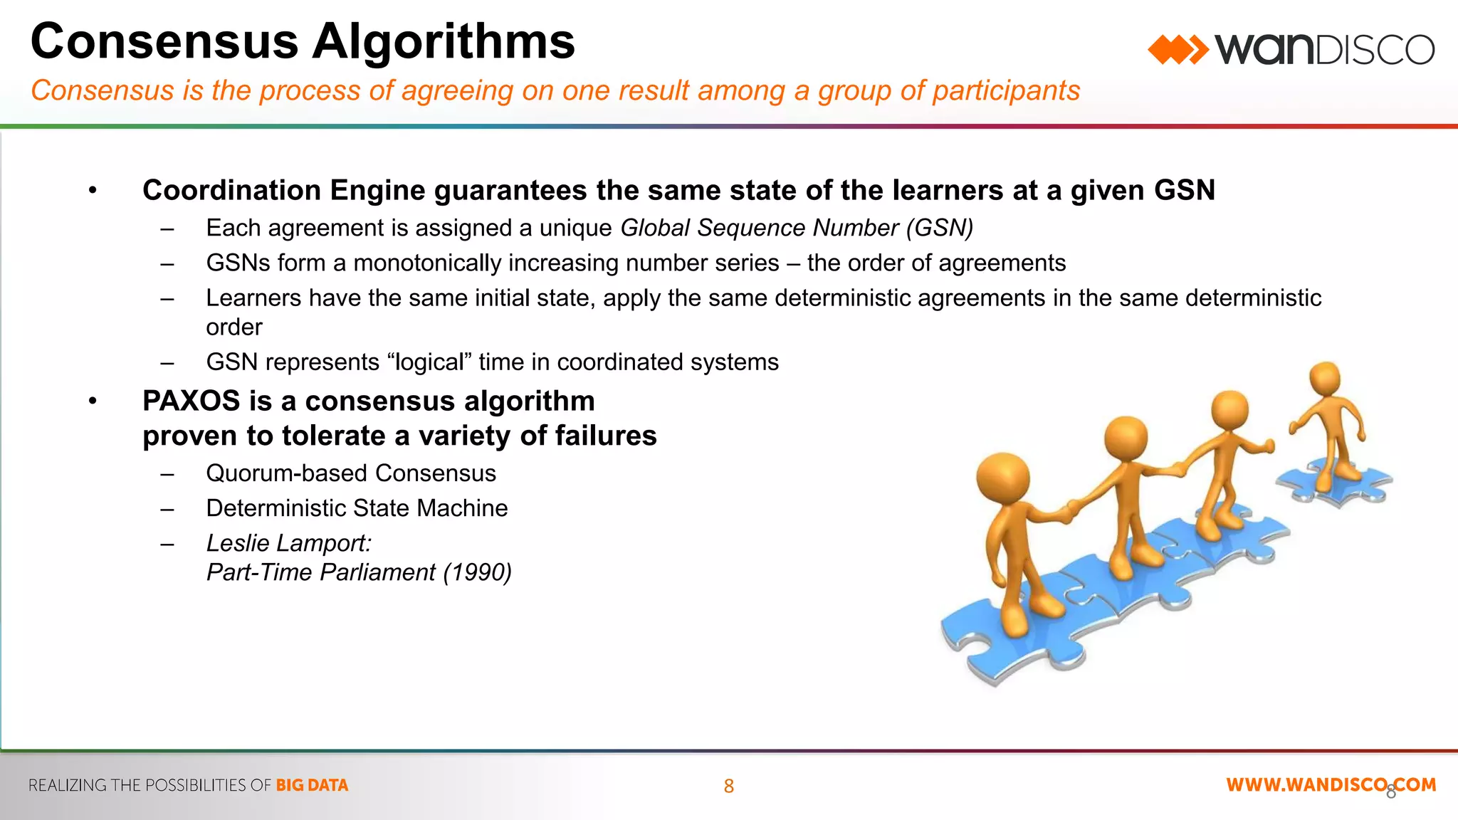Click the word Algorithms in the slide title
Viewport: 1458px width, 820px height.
pyautogui.click(x=443, y=41)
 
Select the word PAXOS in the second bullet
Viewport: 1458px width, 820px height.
pyautogui.click(x=191, y=401)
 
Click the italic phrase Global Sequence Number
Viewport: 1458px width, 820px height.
pyautogui.click(x=760, y=228)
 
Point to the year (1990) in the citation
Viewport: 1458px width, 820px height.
pyautogui.click(x=477, y=572)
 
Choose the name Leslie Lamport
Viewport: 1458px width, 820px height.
pyautogui.click(x=288, y=543)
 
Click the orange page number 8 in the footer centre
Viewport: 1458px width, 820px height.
pyautogui.click(x=728, y=786)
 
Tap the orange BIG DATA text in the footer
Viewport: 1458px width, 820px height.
pyautogui.click(x=312, y=785)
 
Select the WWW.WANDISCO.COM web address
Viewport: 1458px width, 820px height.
pyautogui.click(x=1331, y=785)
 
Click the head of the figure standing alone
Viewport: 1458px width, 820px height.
pyautogui.click(x=1325, y=378)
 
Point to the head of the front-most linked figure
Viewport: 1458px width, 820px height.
pyautogui.click(x=1002, y=479)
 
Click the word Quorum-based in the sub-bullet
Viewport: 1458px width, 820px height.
pyautogui.click(x=287, y=473)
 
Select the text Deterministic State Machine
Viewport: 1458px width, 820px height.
pyautogui.click(x=357, y=508)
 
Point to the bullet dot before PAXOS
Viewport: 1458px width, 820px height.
pyautogui.click(x=93, y=401)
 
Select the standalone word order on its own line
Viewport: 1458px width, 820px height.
pyautogui.click(x=234, y=327)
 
